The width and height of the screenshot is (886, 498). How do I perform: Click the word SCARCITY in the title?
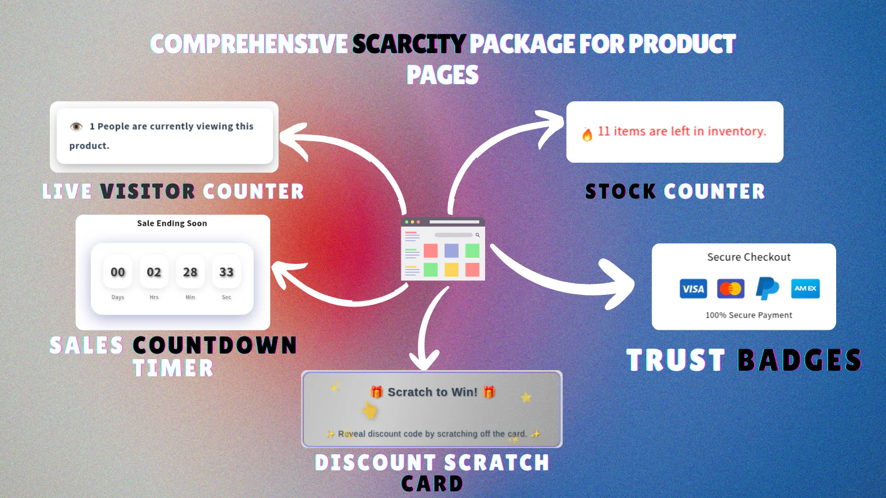pos(409,44)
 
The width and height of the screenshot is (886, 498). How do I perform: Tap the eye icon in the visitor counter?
pos(76,127)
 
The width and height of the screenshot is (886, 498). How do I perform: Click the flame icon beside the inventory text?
pos(588,134)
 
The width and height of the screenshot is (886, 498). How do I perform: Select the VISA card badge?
pos(693,288)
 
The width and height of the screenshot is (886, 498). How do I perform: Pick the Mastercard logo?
pos(730,288)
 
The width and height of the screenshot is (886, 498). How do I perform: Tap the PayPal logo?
pos(767,288)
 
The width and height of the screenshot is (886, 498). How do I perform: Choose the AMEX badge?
pos(805,288)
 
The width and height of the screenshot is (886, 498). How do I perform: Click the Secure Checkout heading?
pos(749,257)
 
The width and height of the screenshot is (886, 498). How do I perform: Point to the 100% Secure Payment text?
pos(749,315)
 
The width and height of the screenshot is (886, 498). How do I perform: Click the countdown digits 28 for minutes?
pos(190,272)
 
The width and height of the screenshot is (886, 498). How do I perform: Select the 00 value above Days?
pos(117,272)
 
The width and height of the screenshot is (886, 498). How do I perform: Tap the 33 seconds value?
pos(226,272)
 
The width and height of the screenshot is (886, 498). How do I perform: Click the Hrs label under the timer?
pos(154,297)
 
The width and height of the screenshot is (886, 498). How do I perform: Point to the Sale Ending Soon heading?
pos(172,224)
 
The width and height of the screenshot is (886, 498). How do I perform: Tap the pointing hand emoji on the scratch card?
pos(369,409)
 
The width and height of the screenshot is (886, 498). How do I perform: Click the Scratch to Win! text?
pos(432,392)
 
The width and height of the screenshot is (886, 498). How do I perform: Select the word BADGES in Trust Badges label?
pos(800,360)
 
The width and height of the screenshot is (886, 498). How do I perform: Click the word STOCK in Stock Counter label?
pos(620,191)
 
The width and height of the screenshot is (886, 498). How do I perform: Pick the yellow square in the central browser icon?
pos(451,270)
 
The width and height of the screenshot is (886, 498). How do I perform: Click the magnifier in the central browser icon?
pos(477,235)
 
